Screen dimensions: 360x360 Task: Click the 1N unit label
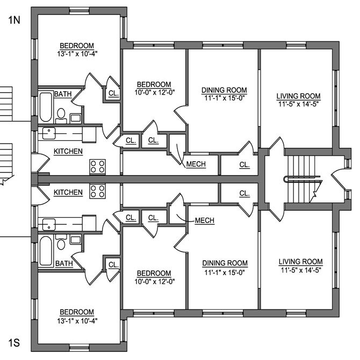pos(14,20)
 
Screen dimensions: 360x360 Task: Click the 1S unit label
pos(14,343)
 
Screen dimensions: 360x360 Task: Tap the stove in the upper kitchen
pos(98,167)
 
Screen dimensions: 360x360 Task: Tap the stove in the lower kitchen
pos(98,191)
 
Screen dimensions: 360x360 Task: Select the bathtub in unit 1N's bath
pos(46,107)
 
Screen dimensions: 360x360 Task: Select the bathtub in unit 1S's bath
pos(46,251)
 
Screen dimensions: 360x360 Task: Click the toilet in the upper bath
pos(61,116)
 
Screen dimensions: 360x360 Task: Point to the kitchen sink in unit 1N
pos(49,133)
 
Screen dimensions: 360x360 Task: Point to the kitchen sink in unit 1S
pos(49,225)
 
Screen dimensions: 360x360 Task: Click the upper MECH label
pos(196,164)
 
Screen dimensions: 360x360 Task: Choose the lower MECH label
pos(205,220)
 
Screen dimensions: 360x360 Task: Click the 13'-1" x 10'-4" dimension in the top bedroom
pos(77,54)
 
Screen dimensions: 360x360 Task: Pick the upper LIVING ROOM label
pos(298,96)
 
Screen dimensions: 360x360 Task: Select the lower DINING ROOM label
pos(225,263)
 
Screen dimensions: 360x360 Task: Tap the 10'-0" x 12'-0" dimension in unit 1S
pos(155,281)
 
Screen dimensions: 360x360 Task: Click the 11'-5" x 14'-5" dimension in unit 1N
pos(298,104)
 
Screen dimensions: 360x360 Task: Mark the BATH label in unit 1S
pos(64,263)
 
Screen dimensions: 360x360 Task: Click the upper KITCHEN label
pos(68,152)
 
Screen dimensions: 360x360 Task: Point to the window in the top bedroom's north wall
pos(79,11)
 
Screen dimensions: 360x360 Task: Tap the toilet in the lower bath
pos(61,242)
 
